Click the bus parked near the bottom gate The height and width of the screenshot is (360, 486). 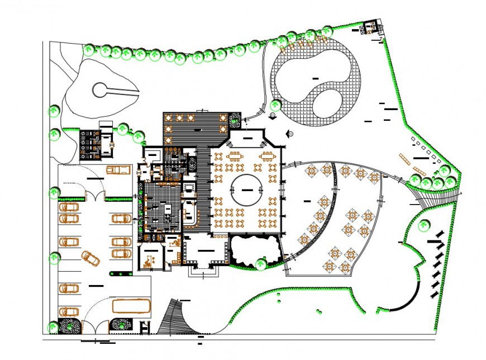(131, 306)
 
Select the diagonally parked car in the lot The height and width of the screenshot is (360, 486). (91, 258)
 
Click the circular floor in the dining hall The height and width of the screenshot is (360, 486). (246, 190)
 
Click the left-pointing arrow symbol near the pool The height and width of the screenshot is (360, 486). (290, 134)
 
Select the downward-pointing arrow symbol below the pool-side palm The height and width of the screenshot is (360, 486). (272, 116)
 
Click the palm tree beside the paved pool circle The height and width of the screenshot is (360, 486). (275, 105)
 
